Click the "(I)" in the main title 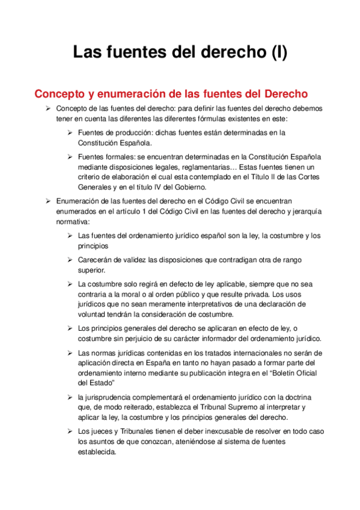tap(274, 52)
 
